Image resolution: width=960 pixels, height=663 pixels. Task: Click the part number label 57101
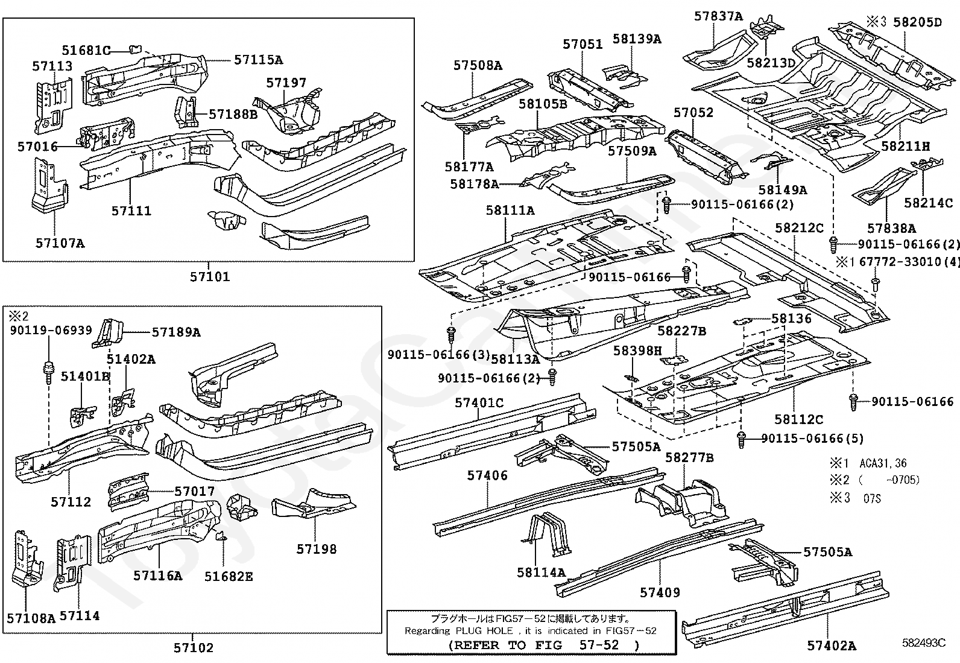(210, 277)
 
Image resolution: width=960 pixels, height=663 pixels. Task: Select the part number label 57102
(194, 648)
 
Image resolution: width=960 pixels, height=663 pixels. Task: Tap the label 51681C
(86, 50)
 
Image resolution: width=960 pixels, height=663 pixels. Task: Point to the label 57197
(286, 83)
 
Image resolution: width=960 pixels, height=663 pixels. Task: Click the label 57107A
(60, 243)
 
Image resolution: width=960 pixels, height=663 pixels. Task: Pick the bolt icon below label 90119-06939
(48, 369)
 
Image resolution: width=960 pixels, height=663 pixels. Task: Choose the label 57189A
(176, 332)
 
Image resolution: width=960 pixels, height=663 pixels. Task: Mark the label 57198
(316, 549)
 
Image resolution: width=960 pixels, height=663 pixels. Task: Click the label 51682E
(229, 577)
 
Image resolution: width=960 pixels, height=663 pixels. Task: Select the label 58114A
(541, 572)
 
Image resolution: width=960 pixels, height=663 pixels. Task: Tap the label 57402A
(832, 646)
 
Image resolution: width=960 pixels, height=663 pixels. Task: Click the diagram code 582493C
(923, 643)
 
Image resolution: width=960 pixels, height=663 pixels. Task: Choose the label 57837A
(718, 16)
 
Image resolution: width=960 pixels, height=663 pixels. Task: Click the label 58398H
(637, 351)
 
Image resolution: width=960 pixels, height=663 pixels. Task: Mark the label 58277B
(689, 458)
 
